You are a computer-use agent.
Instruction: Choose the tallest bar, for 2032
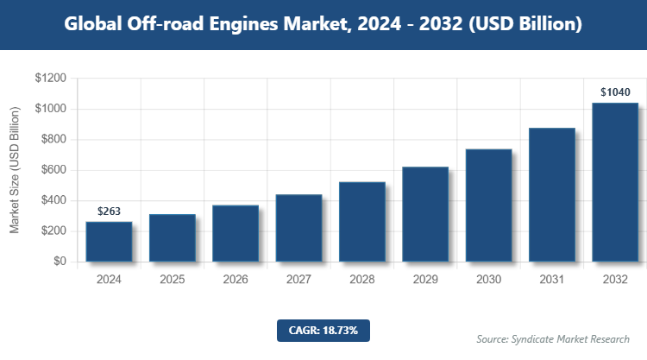coord(615,182)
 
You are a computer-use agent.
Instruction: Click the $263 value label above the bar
coord(109,211)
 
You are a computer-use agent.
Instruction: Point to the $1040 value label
coord(615,92)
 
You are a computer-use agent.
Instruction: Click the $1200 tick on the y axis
coord(50,79)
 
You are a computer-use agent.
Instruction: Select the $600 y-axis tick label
coord(53,170)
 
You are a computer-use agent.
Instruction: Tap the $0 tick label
coord(59,262)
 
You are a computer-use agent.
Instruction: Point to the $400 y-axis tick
coord(53,200)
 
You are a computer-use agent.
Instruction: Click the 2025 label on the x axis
coord(172,280)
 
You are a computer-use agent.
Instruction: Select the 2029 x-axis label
coord(425,280)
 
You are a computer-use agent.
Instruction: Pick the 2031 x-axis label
coord(551,280)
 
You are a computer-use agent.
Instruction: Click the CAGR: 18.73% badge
coord(323,330)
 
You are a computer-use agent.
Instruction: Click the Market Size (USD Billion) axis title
coord(15,170)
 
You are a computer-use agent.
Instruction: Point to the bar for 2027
coord(298,228)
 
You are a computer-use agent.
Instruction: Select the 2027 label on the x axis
coord(298,280)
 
